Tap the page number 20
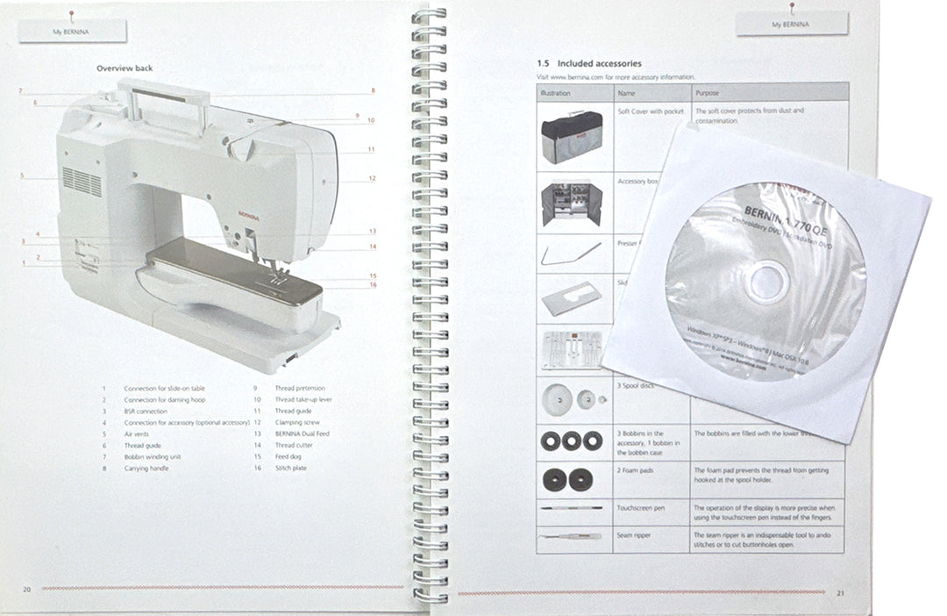click(x=26, y=589)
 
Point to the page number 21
click(x=840, y=592)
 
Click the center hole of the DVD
click(x=765, y=281)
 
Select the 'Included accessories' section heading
click(x=588, y=63)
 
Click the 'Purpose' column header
click(x=707, y=91)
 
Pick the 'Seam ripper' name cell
click(x=637, y=534)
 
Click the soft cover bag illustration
click(x=571, y=135)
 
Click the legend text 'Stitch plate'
click(x=291, y=468)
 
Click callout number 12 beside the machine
click(x=372, y=178)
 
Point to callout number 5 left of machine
click(x=20, y=176)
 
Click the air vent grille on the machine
click(x=82, y=182)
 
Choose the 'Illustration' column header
click(x=556, y=91)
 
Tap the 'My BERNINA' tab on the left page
click(x=72, y=31)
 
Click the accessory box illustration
click(x=571, y=205)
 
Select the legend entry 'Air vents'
click(x=138, y=433)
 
